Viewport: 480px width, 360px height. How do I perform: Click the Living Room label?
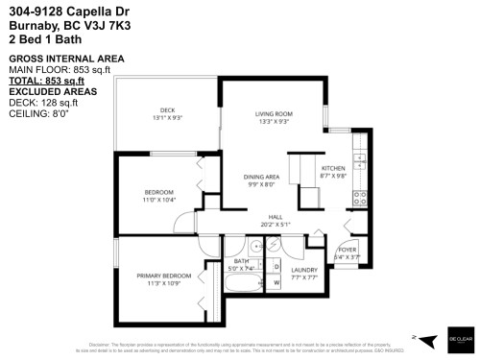click(274, 114)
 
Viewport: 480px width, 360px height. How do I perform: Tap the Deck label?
click(168, 111)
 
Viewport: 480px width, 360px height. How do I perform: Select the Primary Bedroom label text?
click(158, 276)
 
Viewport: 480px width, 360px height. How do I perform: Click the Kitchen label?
click(333, 169)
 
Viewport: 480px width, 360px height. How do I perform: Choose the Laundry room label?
click(304, 271)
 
